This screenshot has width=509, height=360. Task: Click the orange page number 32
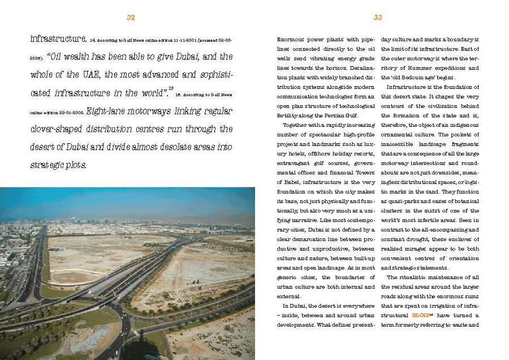[x=131, y=18]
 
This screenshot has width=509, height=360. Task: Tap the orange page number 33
[x=378, y=18]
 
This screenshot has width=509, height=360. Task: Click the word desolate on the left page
[x=165, y=147]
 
